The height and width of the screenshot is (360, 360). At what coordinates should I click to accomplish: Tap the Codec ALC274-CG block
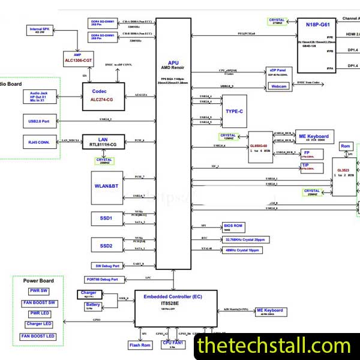pos(103,95)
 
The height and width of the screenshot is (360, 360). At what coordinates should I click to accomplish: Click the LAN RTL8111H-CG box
pos(103,142)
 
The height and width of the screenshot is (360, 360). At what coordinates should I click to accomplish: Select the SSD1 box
pos(107,218)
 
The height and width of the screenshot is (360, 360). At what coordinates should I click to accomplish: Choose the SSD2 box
pos(107,245)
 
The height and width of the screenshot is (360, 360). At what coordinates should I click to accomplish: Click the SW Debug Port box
pos(107,266)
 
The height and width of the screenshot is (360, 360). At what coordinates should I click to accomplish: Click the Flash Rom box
pos(140,345)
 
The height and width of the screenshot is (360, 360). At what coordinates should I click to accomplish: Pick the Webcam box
pos(279,87)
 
